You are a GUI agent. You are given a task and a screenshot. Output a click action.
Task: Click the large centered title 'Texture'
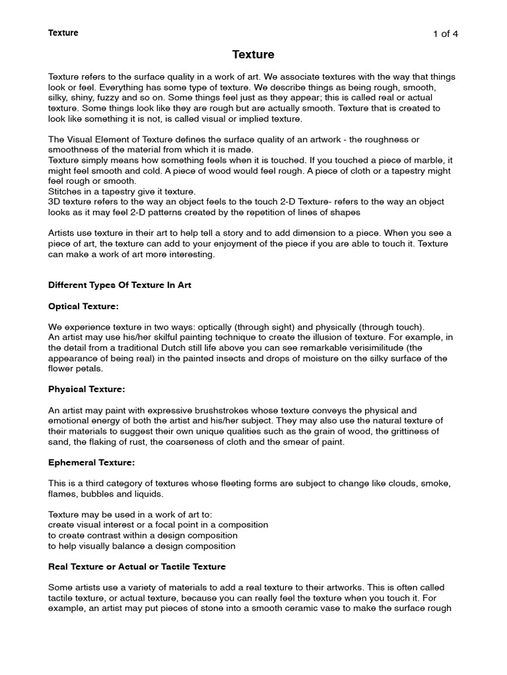coord(253,55)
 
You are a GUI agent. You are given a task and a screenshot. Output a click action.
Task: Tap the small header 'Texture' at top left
coord(63,33)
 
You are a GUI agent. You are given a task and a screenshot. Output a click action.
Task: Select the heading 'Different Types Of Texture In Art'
coord(120,285)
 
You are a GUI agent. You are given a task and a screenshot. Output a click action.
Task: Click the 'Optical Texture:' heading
coord(83,307)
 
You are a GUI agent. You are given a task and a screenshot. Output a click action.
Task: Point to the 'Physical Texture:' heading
coord(86,390)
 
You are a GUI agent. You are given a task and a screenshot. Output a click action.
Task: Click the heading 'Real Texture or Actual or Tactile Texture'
coord(137,566)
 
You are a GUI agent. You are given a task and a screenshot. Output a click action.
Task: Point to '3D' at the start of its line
coord(55,202)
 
